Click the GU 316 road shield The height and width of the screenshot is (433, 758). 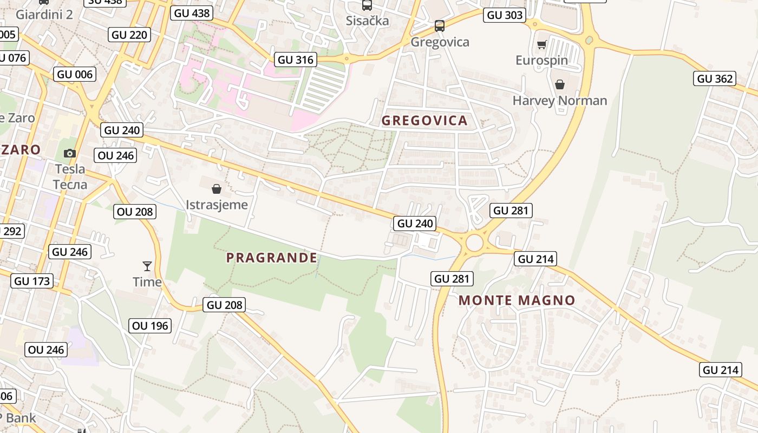tap(296, 60)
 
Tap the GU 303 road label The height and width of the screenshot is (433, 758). tap(505, 15)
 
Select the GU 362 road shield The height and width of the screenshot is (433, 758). tap(715, 78)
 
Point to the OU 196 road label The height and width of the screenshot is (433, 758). tap(151, 325)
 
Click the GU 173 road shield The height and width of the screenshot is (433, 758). tap(32, 281)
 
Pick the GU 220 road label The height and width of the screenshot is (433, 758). tap(129, 35)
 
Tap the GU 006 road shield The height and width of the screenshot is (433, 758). tap(75, 74)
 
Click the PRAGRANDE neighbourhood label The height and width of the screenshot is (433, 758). tap(272, 258)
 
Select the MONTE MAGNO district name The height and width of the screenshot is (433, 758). tap(517, 300)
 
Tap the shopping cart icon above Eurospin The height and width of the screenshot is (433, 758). tap(541, 44)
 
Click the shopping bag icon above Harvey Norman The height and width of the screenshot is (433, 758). tap(560, 84)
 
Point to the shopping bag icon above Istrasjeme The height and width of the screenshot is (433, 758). tap(217, 189)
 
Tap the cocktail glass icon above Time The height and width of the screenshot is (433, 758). tap(147, 266)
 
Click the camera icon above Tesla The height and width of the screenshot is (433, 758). tap(69, 153)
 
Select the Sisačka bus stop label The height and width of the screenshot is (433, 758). tap(368, 21)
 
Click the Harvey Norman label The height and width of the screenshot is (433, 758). tap(560, 101)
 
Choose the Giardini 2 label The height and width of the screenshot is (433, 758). tap(44, 14)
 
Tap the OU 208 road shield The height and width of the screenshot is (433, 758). tap(135, 212)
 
